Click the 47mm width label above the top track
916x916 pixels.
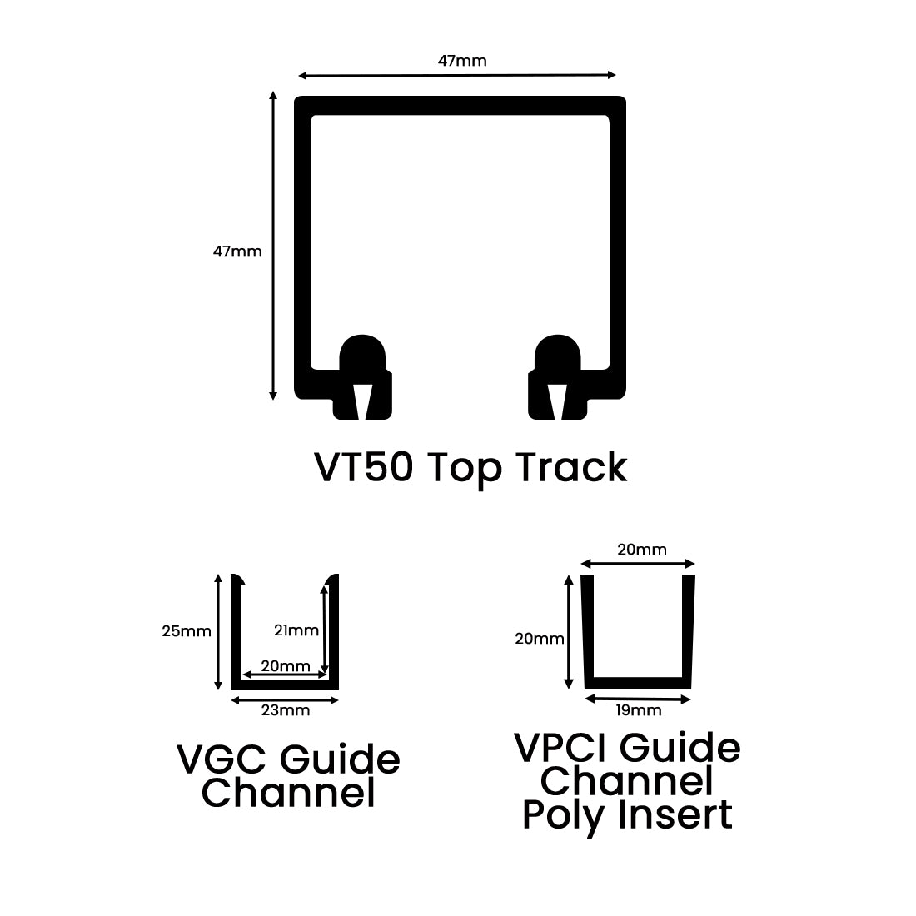462,61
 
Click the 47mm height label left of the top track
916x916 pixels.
237,251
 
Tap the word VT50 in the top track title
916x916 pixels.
362,467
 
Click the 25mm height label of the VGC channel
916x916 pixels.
187,631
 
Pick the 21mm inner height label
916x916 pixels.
296,630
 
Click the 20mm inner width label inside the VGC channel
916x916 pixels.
285,666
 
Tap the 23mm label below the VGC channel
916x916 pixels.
285,710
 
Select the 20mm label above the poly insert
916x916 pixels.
641,550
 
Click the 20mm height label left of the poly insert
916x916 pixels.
540,640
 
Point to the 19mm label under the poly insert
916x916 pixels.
639,710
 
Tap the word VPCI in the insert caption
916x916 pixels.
561,748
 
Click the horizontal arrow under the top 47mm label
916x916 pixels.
457,76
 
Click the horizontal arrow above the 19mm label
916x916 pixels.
639,699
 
